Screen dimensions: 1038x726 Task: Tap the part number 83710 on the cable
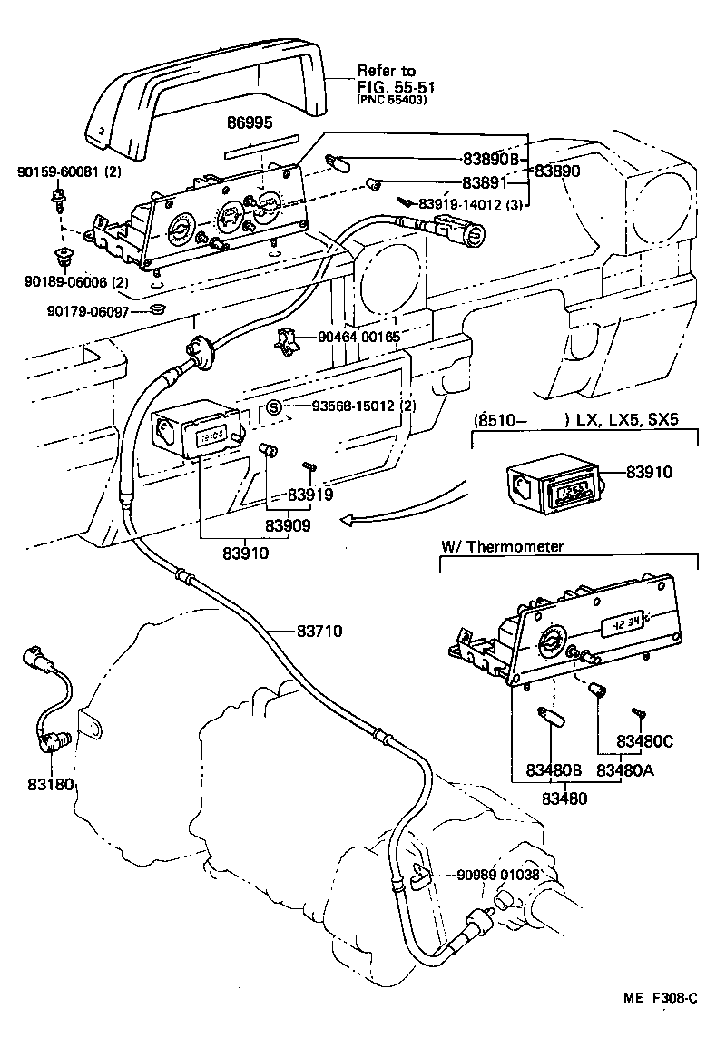319,630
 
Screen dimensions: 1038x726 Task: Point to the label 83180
49,782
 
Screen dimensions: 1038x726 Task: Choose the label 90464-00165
359,338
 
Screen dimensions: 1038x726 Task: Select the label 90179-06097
88,311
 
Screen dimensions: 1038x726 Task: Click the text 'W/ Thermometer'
502,546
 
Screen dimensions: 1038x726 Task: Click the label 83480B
553,770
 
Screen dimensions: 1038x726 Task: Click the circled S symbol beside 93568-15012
277,407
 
